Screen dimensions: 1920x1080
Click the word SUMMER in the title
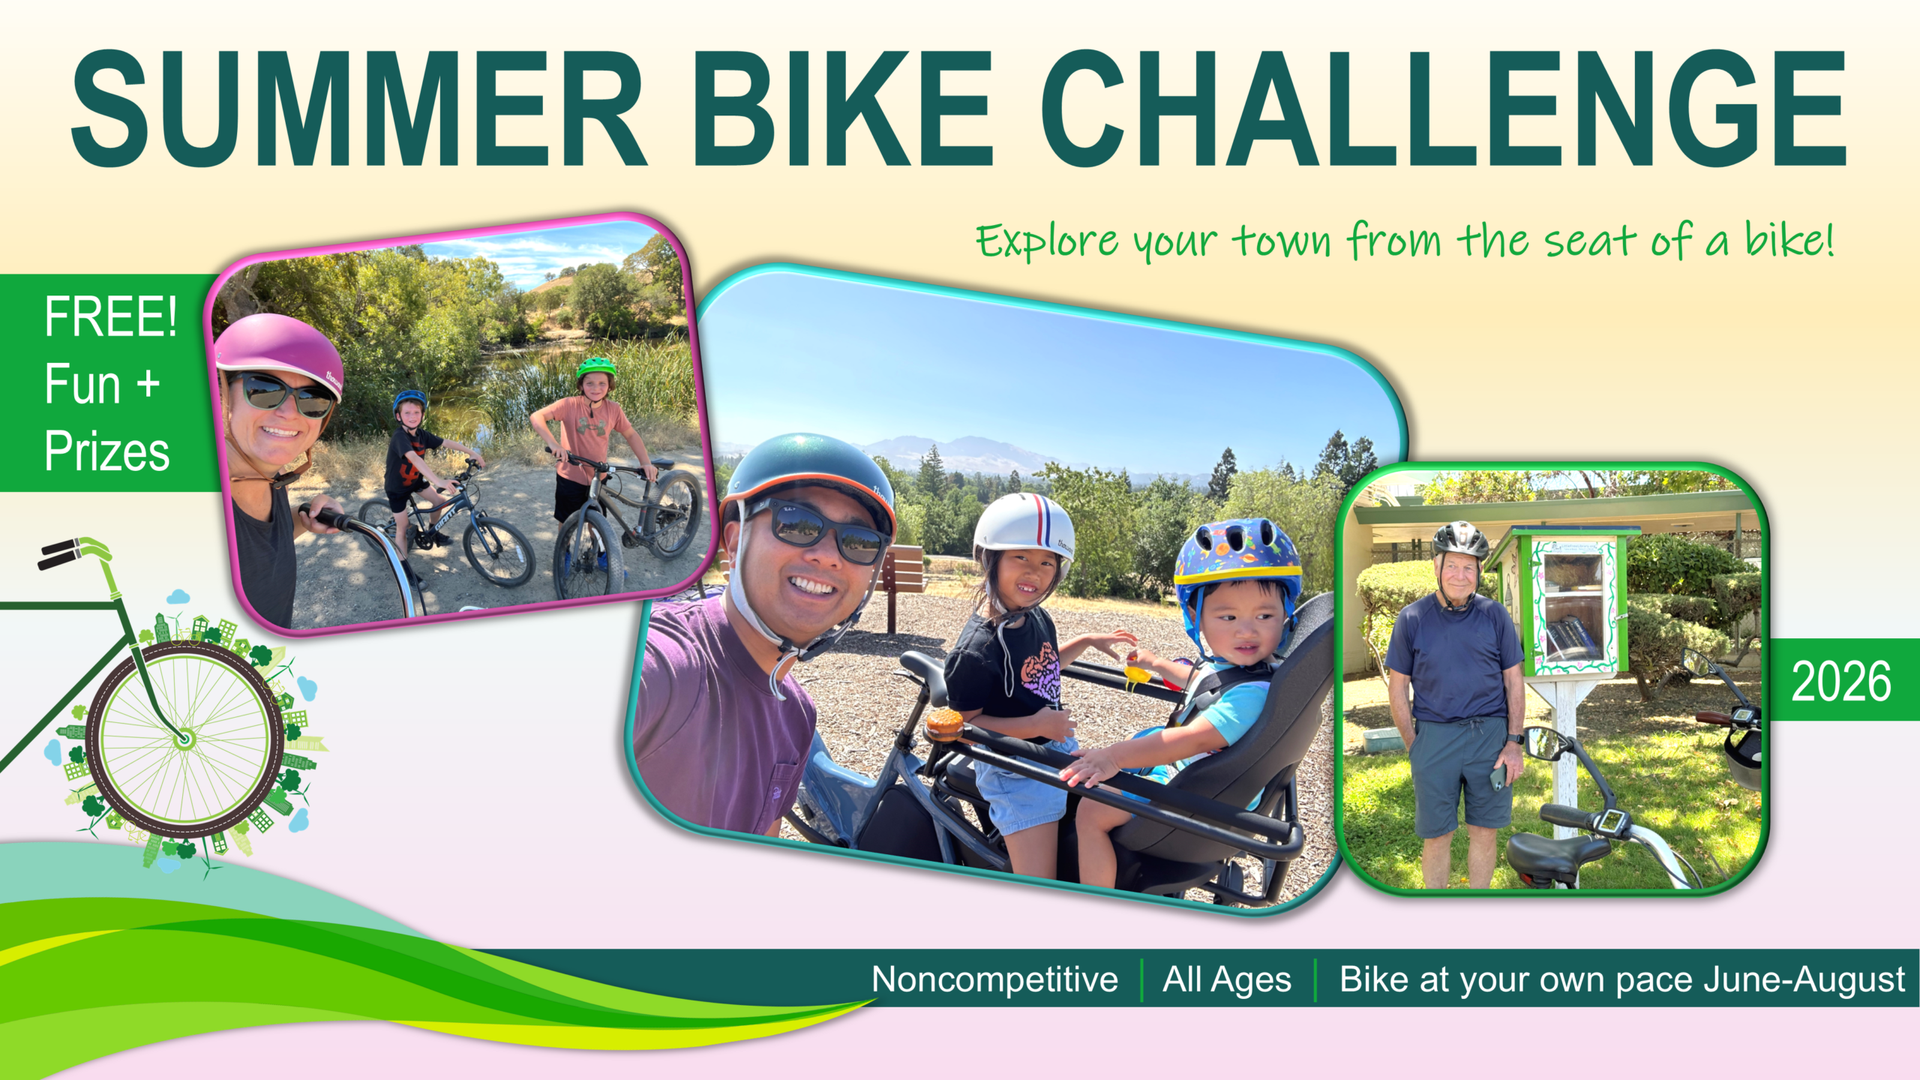tap(358, 108)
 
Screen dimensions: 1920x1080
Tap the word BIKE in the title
tap(844, 108)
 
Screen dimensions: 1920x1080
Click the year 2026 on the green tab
tap(1841, 682)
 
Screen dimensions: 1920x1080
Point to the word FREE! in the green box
tap(111, 316)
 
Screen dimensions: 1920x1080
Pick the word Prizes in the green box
tap(107, 451)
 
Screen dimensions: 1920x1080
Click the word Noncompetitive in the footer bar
tap(994, 979)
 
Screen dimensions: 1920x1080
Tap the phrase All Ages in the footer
tap(1227, 980)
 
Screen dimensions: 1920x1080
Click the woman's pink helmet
tap(279, 352)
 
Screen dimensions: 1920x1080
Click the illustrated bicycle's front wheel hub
tap(184, 739)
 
